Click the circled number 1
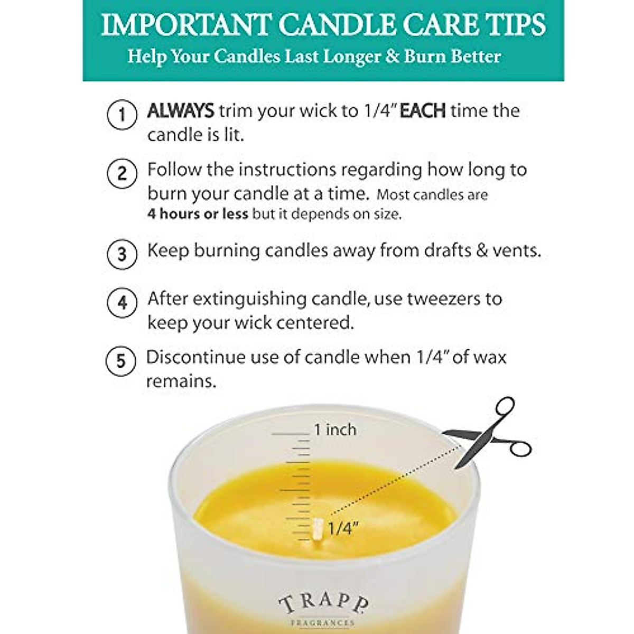point(122,115)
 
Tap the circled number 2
point(122,173)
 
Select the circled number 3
point(122,254)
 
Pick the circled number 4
point(122,303)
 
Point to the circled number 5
point(121,361)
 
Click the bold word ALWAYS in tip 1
point(180,111)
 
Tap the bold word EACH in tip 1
point(423,111)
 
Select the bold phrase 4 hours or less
point(198,214)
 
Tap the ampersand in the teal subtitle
point(392,56)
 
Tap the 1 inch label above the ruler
point(335,430)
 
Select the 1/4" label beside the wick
point(343,527)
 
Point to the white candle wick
point(318,529)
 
